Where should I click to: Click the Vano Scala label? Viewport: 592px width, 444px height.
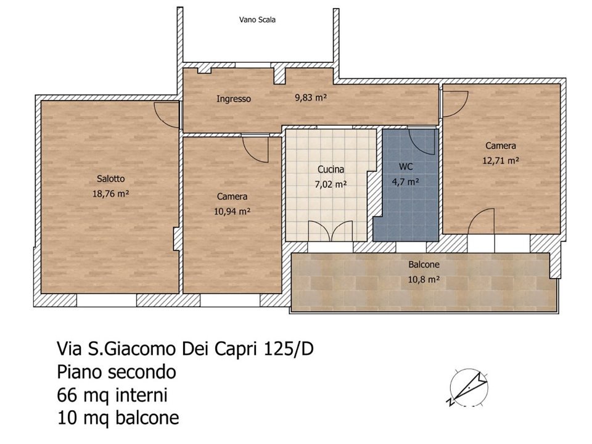click(x=257, y=20)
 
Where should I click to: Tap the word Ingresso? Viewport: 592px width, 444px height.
click(x=234, y=99)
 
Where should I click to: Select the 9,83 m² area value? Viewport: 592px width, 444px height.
click(x=311, y=97)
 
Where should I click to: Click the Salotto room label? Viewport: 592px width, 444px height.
click(x=110, y=179)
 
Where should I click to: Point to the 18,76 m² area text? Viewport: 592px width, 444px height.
click(x=110, y=194)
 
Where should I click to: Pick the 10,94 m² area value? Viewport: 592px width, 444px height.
click(x=232, y=212)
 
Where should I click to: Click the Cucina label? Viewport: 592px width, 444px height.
click(x=331, y=169)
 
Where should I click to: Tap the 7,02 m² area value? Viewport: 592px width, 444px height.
click(x=331, y=184)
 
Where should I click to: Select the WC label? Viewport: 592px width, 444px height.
click(x=406, y=166)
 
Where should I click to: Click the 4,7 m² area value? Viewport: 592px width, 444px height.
click(x=406, y=181)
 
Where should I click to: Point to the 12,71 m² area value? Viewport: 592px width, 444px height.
click(x=501, y=160)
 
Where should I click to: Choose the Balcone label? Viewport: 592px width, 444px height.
click(x=424, y=265)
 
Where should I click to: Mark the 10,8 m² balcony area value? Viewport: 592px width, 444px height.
click(x=424, y=279)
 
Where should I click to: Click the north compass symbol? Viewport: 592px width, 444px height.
click(x=468, y=388)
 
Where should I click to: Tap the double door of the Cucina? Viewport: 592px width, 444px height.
click(x=331, y=231)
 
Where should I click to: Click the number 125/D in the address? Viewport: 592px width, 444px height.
click(x=289, y=349)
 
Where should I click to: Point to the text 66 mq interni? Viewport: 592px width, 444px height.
click(x=112, y=395)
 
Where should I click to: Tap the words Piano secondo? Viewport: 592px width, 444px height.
click(x=117, y=372)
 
